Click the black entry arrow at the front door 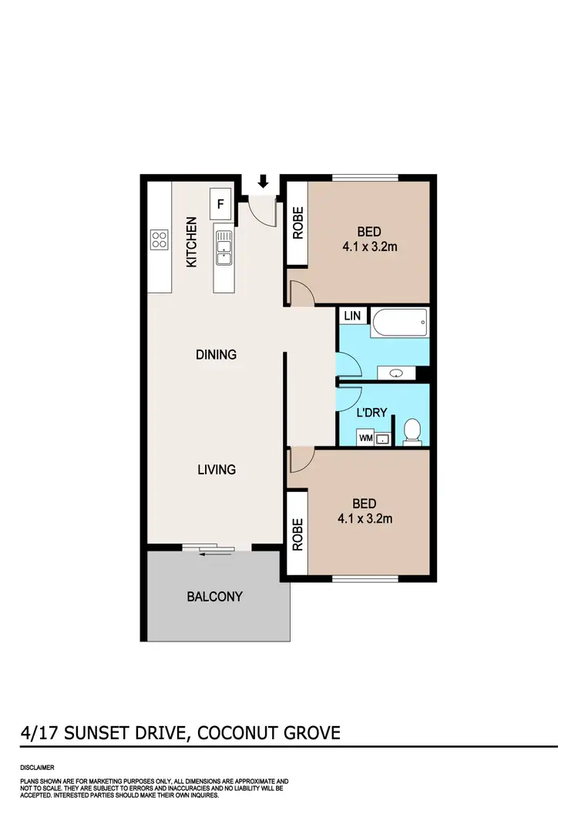[x=264, y=182]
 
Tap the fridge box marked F [x=221, y=204]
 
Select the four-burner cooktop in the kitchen [x=160, y=239]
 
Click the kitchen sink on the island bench [x=224, y=247]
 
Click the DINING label [x=216, y=355]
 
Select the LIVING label [x=216, y=469]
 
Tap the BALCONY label [x=215, y=596]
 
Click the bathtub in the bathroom [x=398, y=322]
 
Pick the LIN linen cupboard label [x=352, y=316]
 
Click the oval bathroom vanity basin [x=397, y=373]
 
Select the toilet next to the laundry [x=412, y=431]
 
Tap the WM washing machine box [x=366, y=438]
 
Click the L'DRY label [x=371, y=413]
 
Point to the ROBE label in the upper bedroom [x=297, y=223]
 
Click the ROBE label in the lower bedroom [x=297, y=534]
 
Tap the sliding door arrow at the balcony [x=209, y=551]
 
